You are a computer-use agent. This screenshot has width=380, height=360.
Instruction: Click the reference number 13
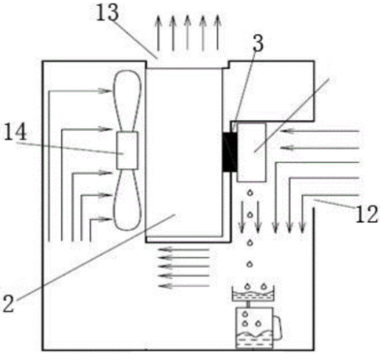(x=108, y=13)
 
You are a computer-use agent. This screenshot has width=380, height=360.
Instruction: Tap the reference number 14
(x=15, y=132)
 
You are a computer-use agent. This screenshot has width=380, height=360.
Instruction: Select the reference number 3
(x=258, y=43)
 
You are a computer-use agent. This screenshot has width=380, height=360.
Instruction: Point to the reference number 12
(x=367, y=214)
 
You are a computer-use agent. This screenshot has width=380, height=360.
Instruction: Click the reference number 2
(x=9, y=303)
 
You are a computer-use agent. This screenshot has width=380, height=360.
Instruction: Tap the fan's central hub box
(x=127, y=150)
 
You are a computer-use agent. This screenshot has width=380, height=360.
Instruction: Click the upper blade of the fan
(x=127, y=101)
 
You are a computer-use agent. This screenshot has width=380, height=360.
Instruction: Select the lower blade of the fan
(x=127, y=200)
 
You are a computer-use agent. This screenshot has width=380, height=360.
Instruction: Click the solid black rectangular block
(x=230, y=152)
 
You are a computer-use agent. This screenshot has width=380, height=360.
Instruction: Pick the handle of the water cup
(x=278, y=327)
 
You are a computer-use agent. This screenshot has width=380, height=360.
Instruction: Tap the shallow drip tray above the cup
(x=253, y=294)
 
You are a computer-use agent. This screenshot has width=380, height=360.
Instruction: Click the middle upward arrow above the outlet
(x=187, y=32)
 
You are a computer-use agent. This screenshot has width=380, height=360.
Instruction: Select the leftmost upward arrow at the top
(x=158, y=32)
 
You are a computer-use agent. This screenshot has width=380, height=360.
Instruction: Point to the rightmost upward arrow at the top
(x=217, y=32)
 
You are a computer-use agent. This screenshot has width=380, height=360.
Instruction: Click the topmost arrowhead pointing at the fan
(x=105, y=91)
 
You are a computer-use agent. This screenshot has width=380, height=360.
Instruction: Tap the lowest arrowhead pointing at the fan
(x=105, y=219)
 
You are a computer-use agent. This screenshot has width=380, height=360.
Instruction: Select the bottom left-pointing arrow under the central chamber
(x=184, y=286)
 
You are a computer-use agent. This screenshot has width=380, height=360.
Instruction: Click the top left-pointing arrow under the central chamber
(x=184, y=249)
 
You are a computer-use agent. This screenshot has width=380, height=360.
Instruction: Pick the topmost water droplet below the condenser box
(x=250, y=193)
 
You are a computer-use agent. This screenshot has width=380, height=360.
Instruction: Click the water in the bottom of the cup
(x=254, y=340)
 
